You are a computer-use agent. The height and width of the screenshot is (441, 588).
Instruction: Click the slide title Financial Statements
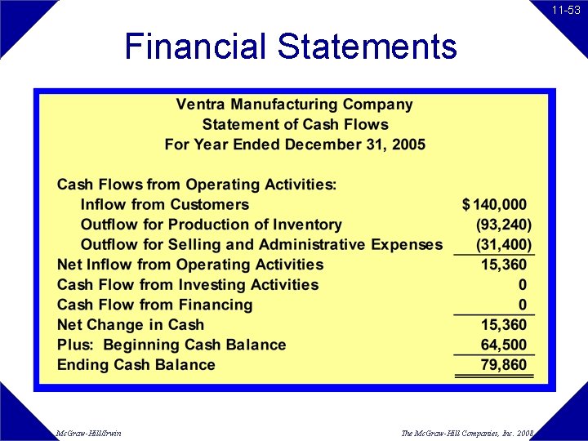click(x=291, y=47)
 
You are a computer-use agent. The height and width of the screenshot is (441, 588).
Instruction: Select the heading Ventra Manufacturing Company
click(x=294, y=105)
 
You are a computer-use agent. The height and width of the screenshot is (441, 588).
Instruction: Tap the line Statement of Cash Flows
click(x=295, y=125)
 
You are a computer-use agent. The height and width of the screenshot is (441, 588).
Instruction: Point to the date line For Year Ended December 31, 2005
click(x=295, y=145)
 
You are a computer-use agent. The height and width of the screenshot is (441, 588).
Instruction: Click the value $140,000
click(x=495, y=204)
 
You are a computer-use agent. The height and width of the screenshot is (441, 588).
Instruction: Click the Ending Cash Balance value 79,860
click(x=504, y=364)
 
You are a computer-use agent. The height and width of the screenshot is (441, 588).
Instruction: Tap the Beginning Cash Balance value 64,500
click(x=504, y=345)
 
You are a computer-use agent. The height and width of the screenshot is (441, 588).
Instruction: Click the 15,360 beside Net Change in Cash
click(x=504, y=324)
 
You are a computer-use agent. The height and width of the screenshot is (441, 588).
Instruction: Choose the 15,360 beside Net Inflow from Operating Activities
click(x=504, y=265)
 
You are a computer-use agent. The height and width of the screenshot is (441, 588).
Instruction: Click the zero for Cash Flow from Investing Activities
click(x=523, y=285)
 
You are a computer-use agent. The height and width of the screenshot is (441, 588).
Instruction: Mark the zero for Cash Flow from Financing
click(x=523, y=305)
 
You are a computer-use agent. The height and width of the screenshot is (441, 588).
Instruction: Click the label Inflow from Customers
click(x=164, y=204)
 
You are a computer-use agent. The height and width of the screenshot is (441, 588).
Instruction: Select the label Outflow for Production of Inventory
click(x=211, y=225)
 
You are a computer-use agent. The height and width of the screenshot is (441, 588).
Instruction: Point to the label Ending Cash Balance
click(x=136, y=364)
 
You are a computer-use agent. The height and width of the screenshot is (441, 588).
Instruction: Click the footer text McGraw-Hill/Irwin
click(x=89, y=433)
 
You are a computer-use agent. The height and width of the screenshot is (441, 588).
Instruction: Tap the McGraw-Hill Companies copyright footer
click(x=467, y=433)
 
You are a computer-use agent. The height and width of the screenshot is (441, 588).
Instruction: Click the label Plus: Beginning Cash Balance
click(x=171, y=345)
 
